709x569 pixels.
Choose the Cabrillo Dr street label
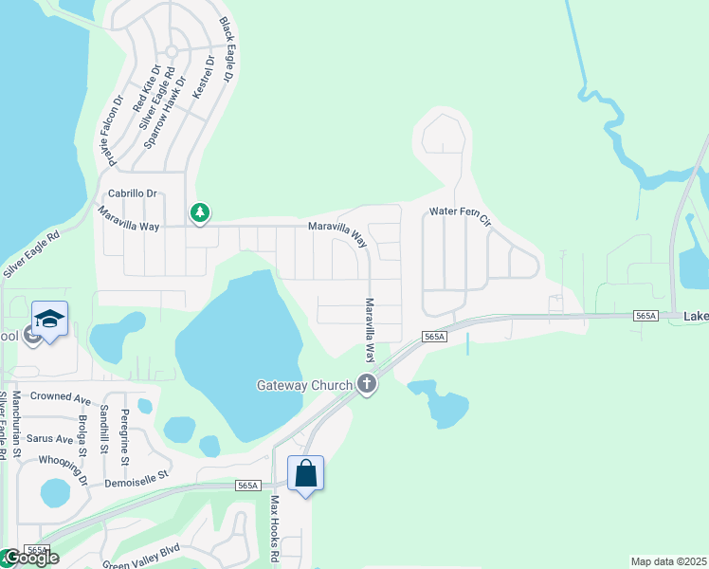point(133,193)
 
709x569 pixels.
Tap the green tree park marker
point(199,212)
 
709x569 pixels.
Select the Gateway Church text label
point(303,385)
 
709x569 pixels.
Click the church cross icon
point(367,384)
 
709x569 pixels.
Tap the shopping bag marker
point(305,472)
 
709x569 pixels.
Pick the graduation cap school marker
point(49,318)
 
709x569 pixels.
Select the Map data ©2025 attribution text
point(669,561)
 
